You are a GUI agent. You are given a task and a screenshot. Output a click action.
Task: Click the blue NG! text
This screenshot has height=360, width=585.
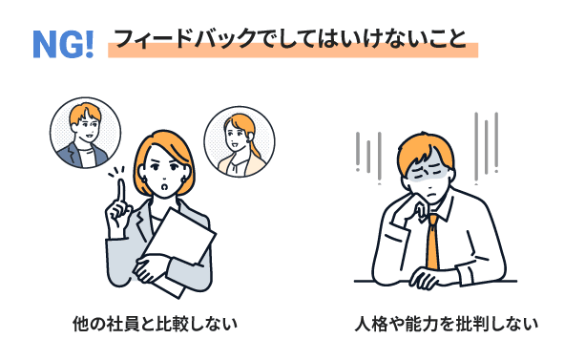(x=63, y=44)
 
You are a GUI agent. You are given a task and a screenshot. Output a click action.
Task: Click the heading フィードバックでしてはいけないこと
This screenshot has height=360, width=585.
(x=290, y=38)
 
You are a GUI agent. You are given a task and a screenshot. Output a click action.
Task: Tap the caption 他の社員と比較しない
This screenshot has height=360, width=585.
(x=155, y=324)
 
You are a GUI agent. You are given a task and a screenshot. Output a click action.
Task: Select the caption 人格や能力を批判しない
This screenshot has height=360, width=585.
(x=447, y=324)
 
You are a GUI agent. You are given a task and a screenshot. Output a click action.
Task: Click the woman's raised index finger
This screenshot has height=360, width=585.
(x=121, y=191)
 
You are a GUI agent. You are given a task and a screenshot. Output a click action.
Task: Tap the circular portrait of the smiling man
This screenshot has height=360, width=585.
(x=86, y=133)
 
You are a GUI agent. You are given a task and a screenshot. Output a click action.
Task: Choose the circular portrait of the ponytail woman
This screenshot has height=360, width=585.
(x=240, y=141)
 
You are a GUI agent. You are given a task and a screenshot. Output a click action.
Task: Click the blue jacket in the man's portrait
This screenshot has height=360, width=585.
(x=81, y=156)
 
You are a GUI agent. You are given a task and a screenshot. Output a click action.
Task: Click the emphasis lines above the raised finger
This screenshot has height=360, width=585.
(x=116, y=172)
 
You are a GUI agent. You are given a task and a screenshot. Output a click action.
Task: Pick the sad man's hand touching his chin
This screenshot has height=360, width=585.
(x=418, y=210)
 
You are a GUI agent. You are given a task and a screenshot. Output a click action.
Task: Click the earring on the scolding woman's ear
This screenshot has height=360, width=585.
(x=183, y=180)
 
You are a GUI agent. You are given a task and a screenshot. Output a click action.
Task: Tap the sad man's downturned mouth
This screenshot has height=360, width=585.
(x=431, y=195)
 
